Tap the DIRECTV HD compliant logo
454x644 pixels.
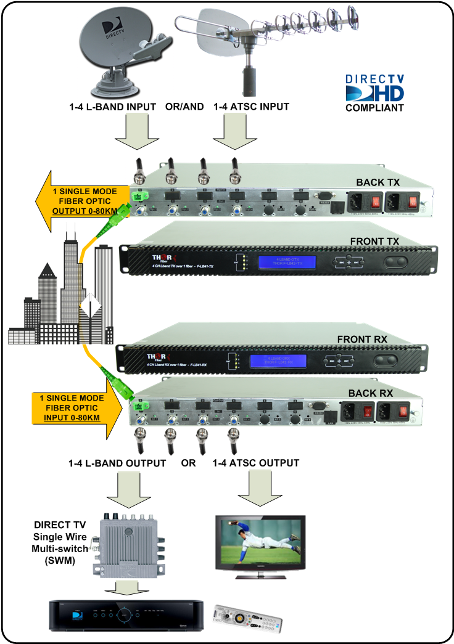pyautogui.click(x=374, y=93)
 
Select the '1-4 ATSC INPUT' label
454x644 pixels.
pyautogui.click(x=251, y=107)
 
